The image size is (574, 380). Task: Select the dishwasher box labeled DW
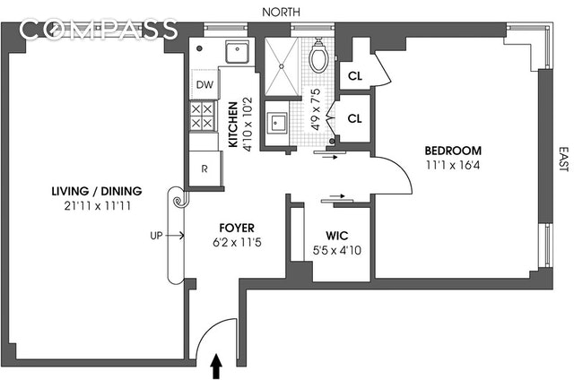[x=204, y=84]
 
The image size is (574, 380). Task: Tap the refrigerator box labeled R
[x=204, y=168]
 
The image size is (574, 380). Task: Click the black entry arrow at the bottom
[x=215, y=366]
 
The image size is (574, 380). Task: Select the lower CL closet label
[x=354, y=117]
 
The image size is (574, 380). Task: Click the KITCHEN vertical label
[x=232, y=124]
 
